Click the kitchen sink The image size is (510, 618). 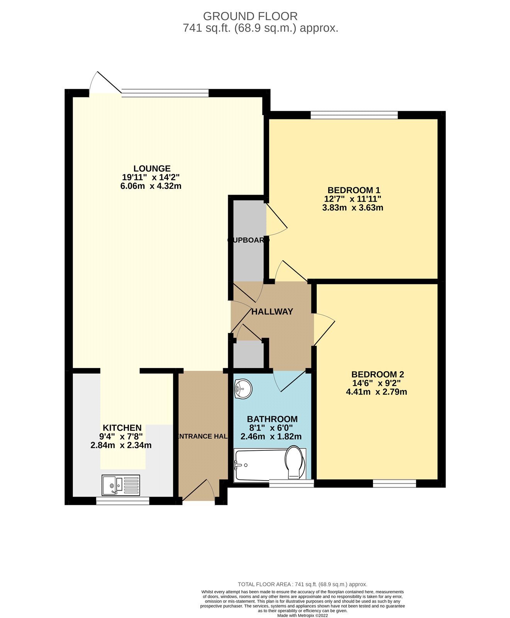coord(120,485)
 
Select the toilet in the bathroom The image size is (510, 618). coord(295,463)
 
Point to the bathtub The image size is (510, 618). coord(261,465)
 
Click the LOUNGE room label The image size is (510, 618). coord(152,168)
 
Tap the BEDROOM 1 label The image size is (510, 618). coord(354,190)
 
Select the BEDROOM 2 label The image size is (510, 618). coord(378,374)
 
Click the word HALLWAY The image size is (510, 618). coord(272,311)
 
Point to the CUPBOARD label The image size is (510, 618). coord(247,240)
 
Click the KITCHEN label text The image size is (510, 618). coord(122,428)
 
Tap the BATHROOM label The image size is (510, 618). coord(272,419)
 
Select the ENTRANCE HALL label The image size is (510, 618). coord(202,436)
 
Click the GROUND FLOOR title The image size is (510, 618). coord(250,16)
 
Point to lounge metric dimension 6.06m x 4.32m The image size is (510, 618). coord(151,186)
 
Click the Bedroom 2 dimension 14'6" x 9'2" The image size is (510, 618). coord(376,383)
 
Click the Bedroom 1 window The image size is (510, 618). coord(354,115)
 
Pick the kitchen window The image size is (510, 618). coord(123,501)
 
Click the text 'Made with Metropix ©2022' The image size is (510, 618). coord(303,615)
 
